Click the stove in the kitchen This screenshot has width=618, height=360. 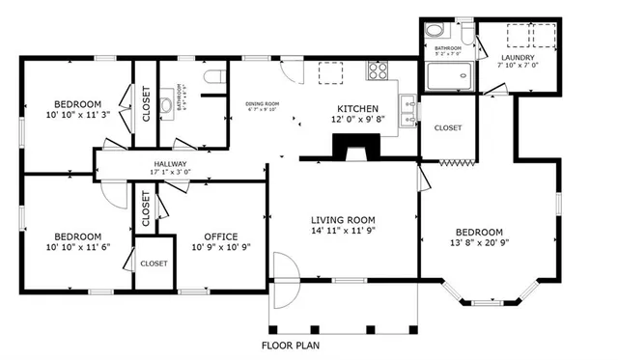(376, 70)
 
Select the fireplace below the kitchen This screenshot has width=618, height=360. (356, 145)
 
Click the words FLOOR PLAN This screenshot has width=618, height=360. (292, 345)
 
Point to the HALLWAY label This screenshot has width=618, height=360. (170, 164)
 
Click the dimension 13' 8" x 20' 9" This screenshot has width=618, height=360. (480, 244)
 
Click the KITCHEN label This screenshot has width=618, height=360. (356, 108)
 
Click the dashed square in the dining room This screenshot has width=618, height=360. (331, 76)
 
